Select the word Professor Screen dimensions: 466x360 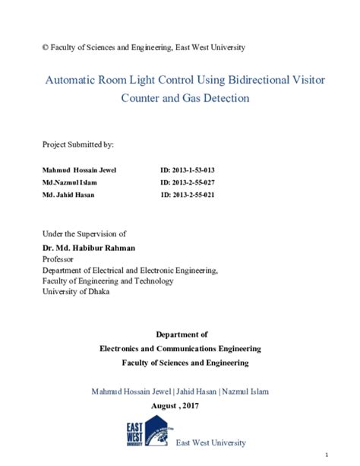coord(60,258)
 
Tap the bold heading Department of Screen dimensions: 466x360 coord(181,334)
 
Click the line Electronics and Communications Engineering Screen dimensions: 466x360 coord(181,348)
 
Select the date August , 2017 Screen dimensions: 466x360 coord(181,406)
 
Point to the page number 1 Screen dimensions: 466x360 coord(348,454)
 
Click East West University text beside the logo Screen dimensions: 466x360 coord(210,442)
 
